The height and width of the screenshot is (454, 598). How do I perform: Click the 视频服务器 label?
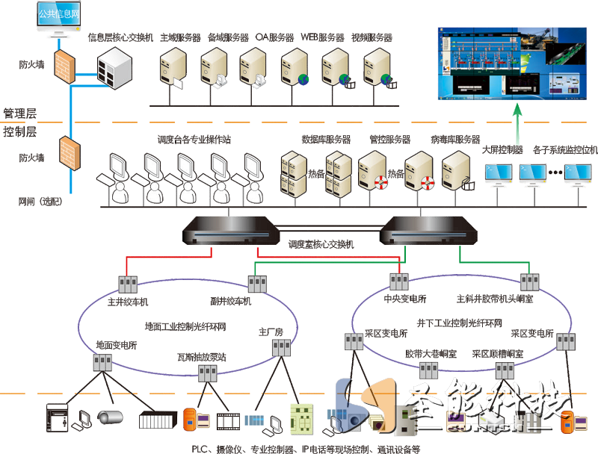[372, 37]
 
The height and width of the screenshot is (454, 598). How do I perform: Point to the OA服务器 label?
[274, 37]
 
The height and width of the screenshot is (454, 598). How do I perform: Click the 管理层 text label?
[20, 113]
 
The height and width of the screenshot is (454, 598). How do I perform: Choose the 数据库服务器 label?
[326, 140]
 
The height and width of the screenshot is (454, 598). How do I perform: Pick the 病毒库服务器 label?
[455, 140]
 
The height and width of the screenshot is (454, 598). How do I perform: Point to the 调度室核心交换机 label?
[321, 244]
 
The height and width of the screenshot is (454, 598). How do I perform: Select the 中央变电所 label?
[404, 299]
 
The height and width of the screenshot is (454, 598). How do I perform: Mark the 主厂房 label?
[271, 331]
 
